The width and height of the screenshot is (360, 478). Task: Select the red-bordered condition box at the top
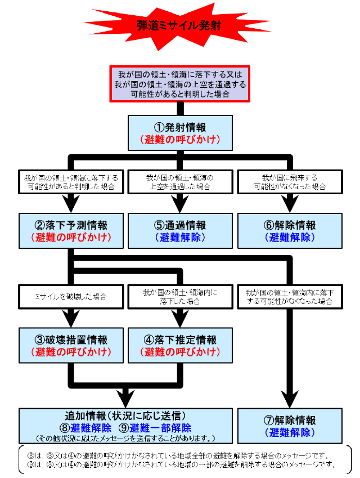click(x=179, y=84)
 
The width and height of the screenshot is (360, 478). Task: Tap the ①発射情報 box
click(x=179, y=133)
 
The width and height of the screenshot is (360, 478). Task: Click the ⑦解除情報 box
click(x=289, y=426)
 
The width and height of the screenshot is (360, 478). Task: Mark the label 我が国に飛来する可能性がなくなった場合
click(x=289, y=182)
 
